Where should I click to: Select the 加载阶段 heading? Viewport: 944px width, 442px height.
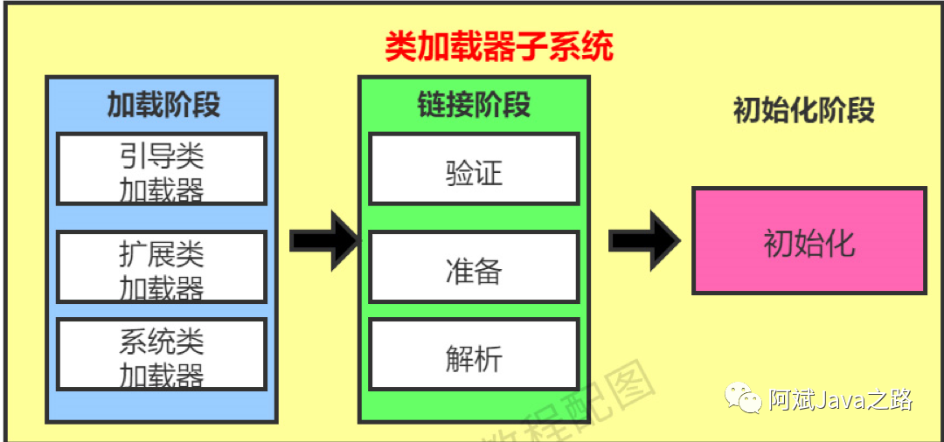[163, 105]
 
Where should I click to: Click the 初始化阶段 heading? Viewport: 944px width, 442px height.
[803, 111]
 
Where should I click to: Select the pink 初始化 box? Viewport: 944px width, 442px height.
[809, 242]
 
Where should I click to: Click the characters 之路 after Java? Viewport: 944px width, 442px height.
[893, 400]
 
